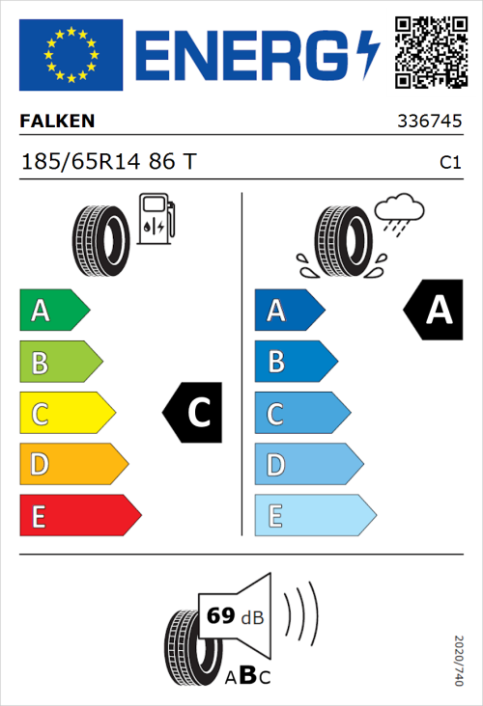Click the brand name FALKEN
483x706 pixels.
(x=58, y=122)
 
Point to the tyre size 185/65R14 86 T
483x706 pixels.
(x=107, y=162)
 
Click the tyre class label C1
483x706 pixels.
(x=449, y=163)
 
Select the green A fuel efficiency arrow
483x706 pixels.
(x=54, y=311)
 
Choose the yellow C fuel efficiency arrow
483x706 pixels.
(x=67, y=414)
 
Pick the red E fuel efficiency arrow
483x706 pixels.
(x=80, y=516)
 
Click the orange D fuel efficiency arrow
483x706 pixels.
(x=73, y=465)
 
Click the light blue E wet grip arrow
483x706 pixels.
(x=314, y=516)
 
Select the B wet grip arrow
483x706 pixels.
(x=295, y=362)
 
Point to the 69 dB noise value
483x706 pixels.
(x=232, y=616)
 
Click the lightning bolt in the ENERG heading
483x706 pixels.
(x=368, y=55)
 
